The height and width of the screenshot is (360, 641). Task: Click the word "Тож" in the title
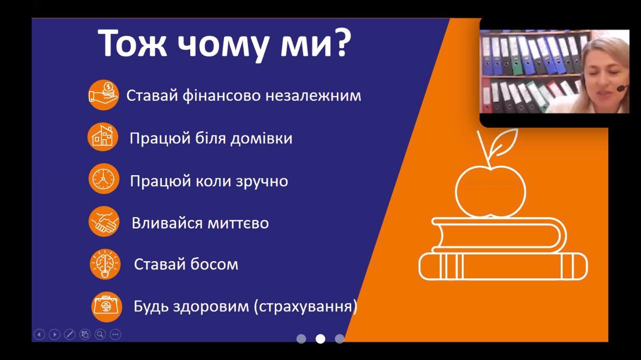tap(132, 43)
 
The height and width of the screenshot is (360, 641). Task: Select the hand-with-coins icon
tap(103, 95)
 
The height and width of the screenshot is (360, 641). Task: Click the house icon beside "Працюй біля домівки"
tap(103, 137)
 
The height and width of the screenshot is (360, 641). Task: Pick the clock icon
tap(104, 179)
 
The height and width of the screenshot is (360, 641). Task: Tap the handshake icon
tap(104, 221)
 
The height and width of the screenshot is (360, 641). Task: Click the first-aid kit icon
tap(107, 307)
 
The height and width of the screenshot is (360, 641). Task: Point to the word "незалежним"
tap(313, 96)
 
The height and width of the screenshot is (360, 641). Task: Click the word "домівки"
tap(261, 139)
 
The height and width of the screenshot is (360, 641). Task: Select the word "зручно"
tap(262, 182)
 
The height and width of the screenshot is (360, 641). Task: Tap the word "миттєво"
tap(238, 223)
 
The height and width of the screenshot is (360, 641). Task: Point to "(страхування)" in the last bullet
tap(305, 306)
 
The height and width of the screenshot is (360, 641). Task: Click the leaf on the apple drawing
tap(504, 142)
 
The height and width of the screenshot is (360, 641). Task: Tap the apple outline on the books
tap(490, 191)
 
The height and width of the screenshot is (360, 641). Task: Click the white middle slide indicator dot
tap(320, 339)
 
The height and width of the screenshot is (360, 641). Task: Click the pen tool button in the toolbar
tap(70, 334)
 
